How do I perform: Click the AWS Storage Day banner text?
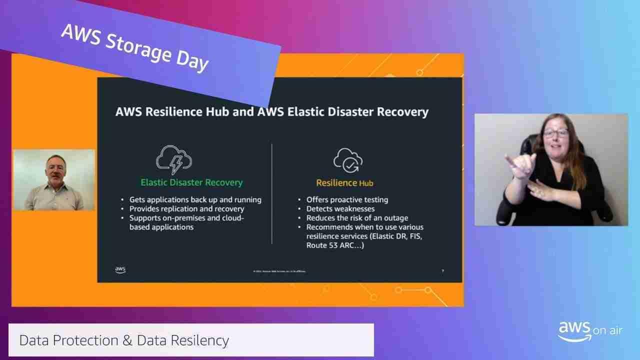[x=134, y=47]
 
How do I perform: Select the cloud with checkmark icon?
[x=348, y=159]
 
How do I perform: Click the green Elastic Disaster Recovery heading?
[x=191, y=182]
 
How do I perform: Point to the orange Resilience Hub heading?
[x=344, y=183]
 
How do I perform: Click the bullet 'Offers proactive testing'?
[x=347, y=199]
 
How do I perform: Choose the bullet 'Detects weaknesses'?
[x=340, y=208]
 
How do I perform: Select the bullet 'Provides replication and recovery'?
[x=186, y=208]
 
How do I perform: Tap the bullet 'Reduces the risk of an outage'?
[x=357, y=217]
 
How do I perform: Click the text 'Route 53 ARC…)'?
[x=335, y=245]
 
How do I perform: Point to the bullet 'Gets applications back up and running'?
[x=195, y=199]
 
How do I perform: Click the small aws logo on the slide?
[x=120, y=270]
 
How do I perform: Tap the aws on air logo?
[x=590, y=331]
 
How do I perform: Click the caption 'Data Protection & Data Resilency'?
[x=124, y=340]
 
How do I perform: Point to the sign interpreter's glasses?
[x=556, y=133]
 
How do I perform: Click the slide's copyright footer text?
[x=279, y=271]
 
